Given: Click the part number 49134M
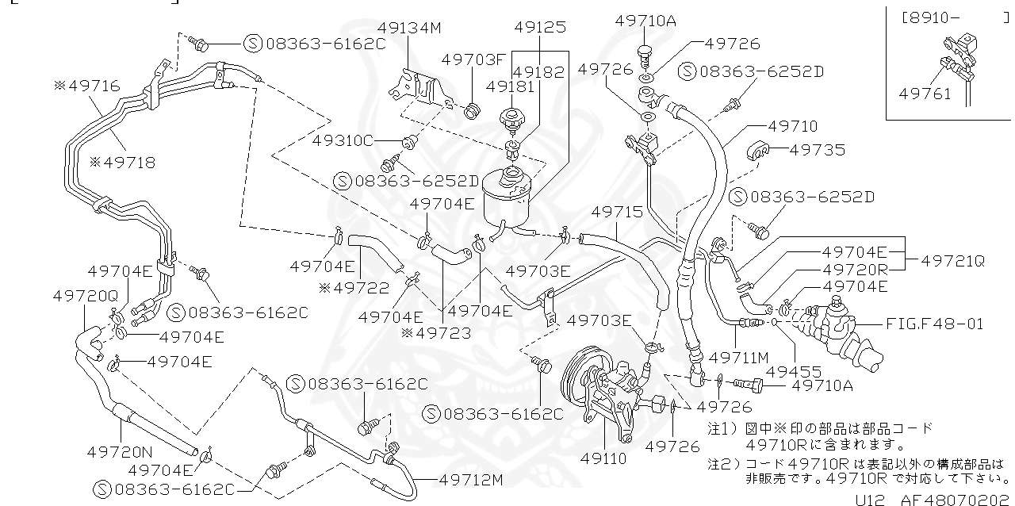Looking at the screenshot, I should click(412, 29).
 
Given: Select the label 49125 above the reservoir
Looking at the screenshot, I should click(540, 27).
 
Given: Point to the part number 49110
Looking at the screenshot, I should click(603, 458).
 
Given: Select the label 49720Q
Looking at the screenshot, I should click(86, 294).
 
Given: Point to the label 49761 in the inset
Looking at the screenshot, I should click(924, 94).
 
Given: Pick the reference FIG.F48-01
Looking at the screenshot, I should click(937, 324).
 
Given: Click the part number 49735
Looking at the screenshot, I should click(818, 149).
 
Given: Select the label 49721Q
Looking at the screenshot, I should click(952, 260).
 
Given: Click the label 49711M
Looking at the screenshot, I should click(738, 358).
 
